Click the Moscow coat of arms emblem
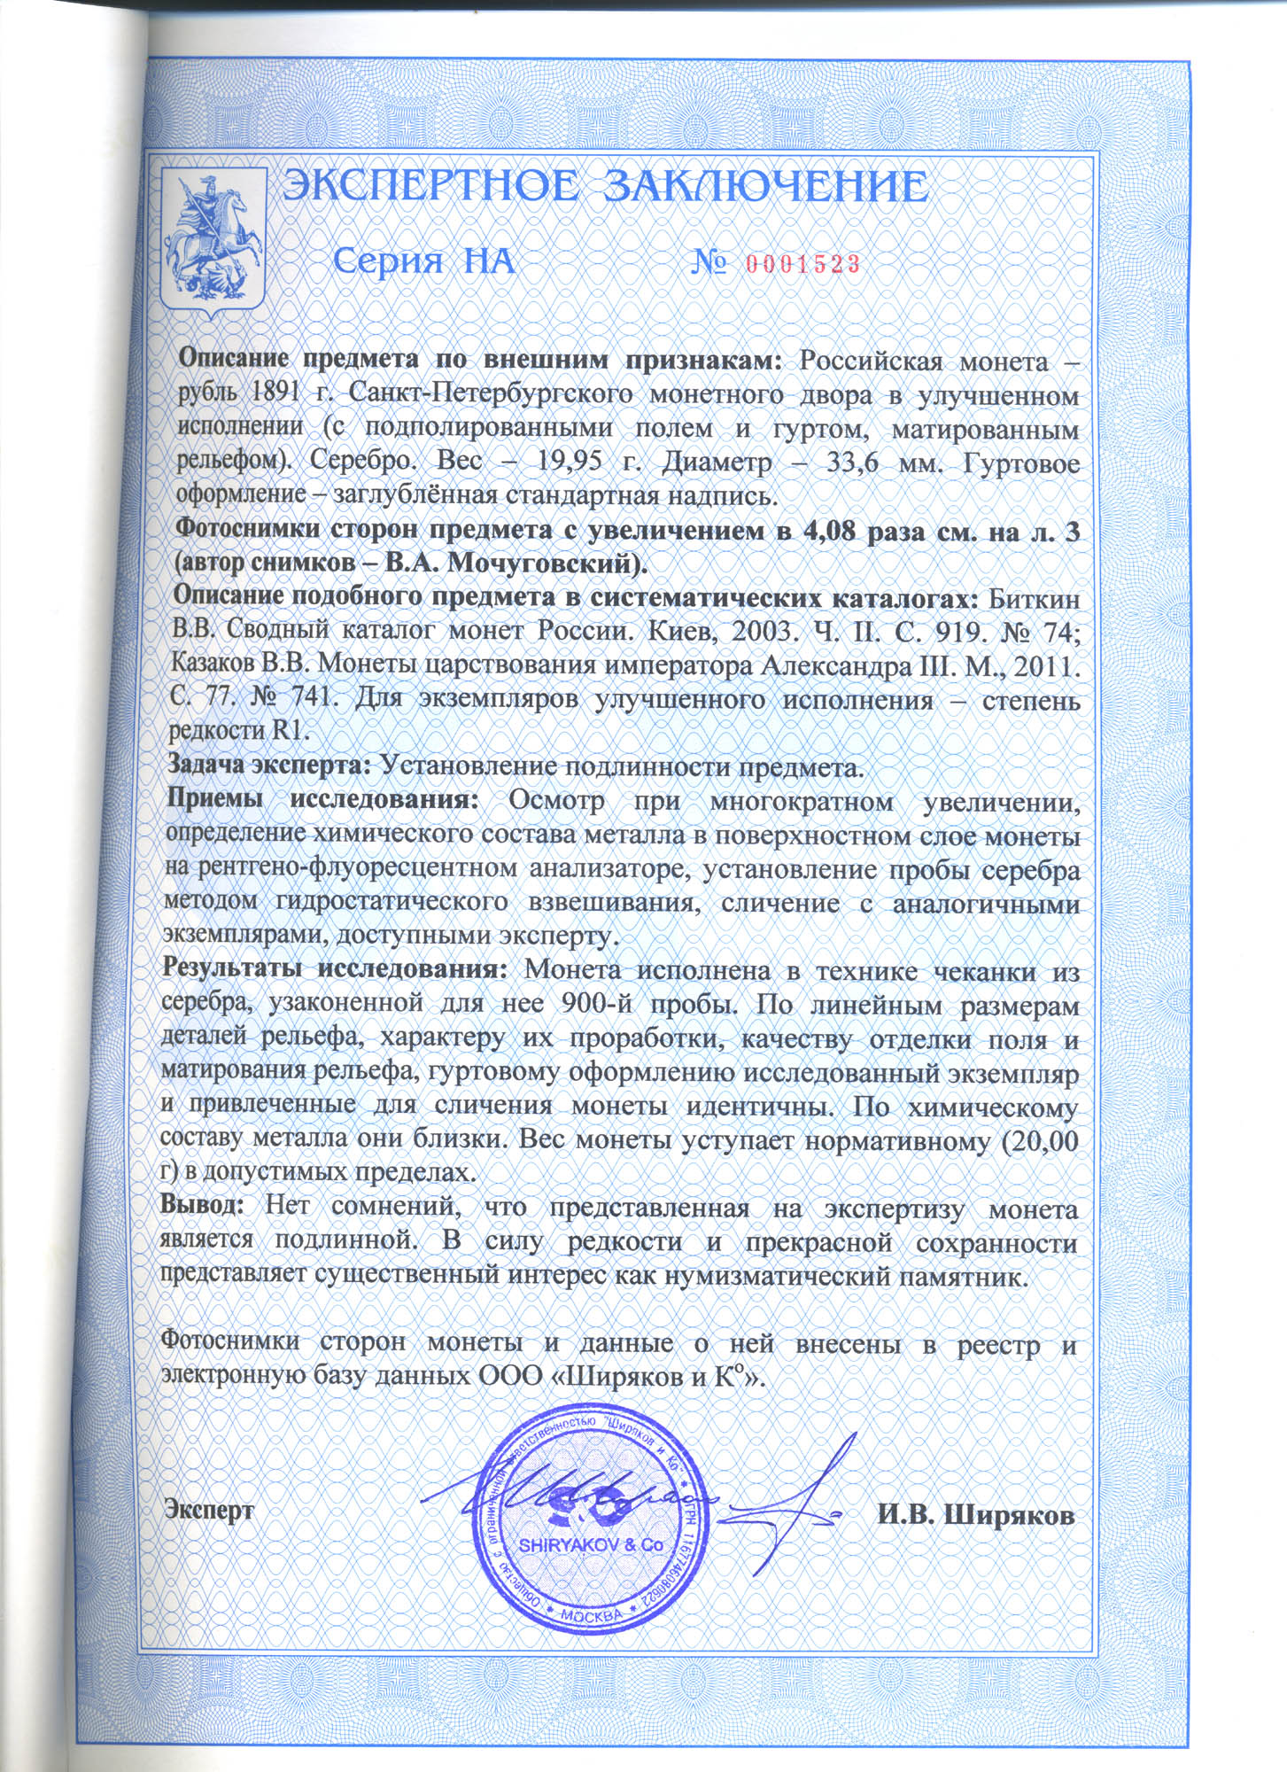click(213, 240)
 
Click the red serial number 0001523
click(802, 263)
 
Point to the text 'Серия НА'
click(424, 261)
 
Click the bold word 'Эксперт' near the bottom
click(210, 1511)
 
